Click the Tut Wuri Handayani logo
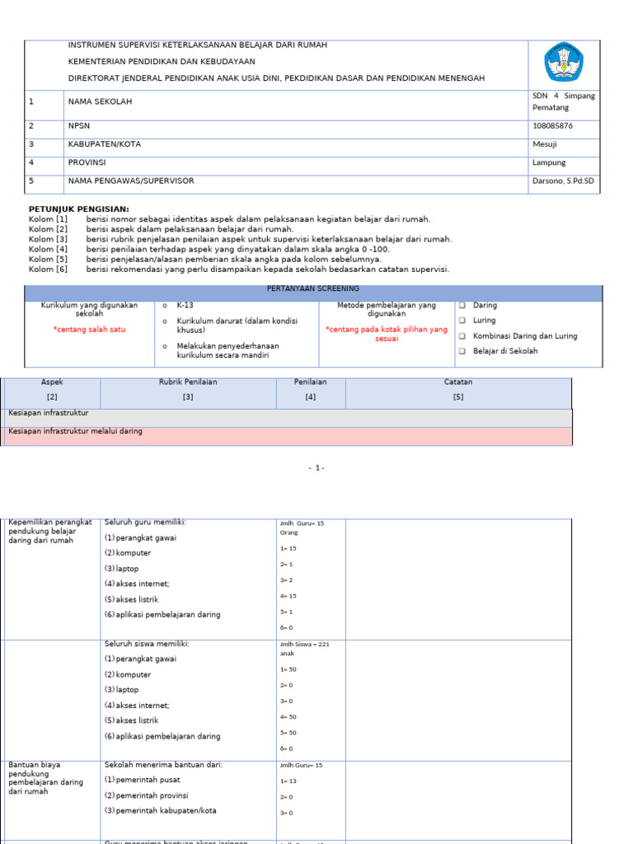coord(564,63)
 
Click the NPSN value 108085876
coord(552,126)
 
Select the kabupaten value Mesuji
coord(545,144)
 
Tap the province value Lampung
coord(549,162)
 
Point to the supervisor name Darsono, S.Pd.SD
coord(563,181)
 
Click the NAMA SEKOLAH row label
coord(100,101)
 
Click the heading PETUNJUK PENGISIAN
coord(79,209)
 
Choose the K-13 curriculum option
coord(185,305)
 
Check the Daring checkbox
coord(462,306)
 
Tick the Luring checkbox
coord(462,321)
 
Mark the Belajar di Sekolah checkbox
coord(462,351)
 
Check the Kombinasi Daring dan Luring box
coord(462,336)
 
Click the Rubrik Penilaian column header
coord(188,382)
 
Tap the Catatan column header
coord(458,382)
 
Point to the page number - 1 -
coord(316,468)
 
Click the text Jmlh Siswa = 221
coord(304,645)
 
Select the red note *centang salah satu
coord(89,329)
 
